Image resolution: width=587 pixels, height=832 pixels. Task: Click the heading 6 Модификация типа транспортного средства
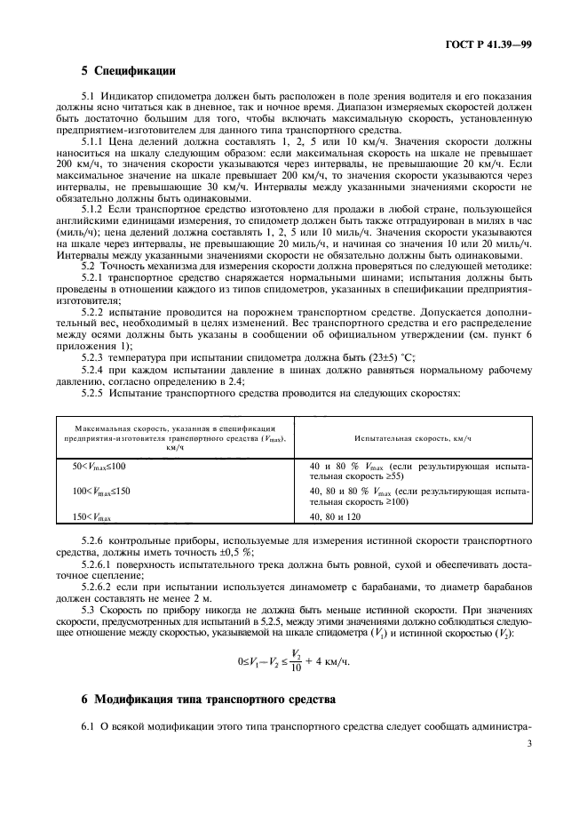pos(208,700)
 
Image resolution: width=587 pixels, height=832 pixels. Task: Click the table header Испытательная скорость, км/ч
pos(412,439)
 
